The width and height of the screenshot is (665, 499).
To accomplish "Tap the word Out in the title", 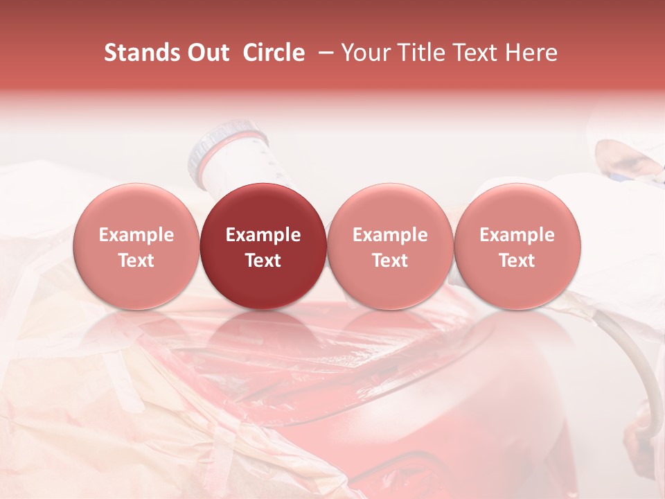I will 209,53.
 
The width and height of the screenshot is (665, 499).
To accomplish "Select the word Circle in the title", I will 274,53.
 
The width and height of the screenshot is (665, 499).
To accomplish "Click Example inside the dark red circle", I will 263,235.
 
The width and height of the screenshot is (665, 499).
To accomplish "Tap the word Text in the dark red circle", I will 263,261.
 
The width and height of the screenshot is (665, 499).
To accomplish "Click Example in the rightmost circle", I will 517,235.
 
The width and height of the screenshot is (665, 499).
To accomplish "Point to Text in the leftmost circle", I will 136,261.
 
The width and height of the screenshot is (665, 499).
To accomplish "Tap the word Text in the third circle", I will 390,261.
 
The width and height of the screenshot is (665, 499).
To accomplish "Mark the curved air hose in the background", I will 627,347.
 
